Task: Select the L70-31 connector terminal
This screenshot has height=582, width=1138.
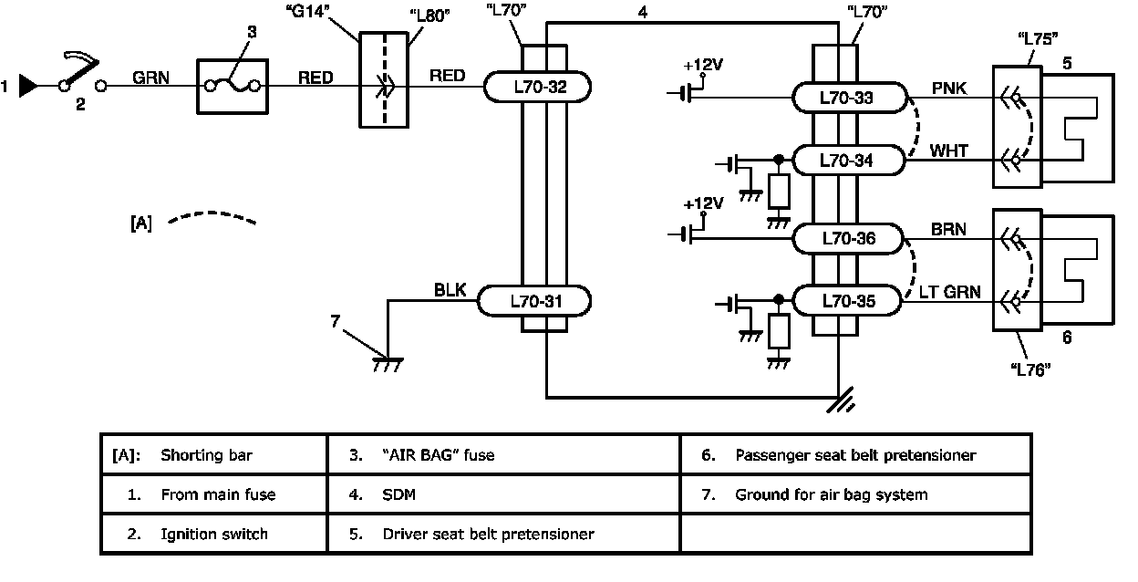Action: tap(537, 300)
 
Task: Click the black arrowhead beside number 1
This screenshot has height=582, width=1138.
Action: tap(29, 87)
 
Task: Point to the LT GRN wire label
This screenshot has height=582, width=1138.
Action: tap(950, 292)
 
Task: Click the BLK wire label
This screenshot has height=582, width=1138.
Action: tap(450, 291)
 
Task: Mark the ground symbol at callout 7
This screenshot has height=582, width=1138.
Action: tap(388, 363)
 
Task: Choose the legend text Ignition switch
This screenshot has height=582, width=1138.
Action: tap(213, 534)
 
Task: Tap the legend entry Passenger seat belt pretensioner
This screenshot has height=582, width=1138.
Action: tap(855, 454)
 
